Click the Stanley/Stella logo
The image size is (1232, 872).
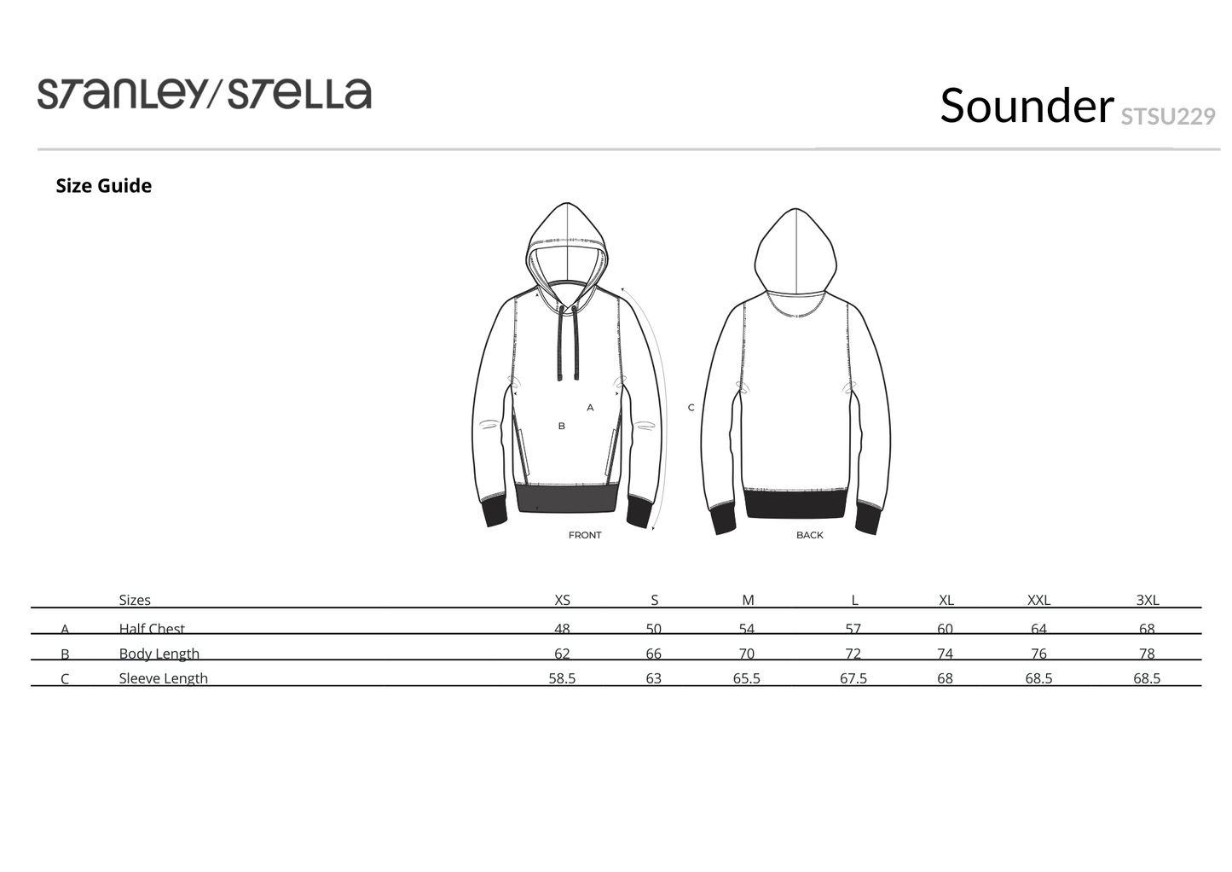[x=204, y=94]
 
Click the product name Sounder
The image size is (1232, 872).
[x=1027, y=105]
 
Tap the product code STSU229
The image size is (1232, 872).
[x=1168, y=116]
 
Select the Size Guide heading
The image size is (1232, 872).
[x=103, y=186]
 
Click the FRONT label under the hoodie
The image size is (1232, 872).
[x=585, y=535]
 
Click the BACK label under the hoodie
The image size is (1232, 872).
[x=810, y=535]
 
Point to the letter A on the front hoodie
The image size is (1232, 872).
[x=590, y=408]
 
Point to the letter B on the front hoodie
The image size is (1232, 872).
[x=562, y=426]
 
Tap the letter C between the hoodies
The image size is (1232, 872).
[x=691, y=408]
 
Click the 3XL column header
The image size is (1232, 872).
[x=1148, y=600]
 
